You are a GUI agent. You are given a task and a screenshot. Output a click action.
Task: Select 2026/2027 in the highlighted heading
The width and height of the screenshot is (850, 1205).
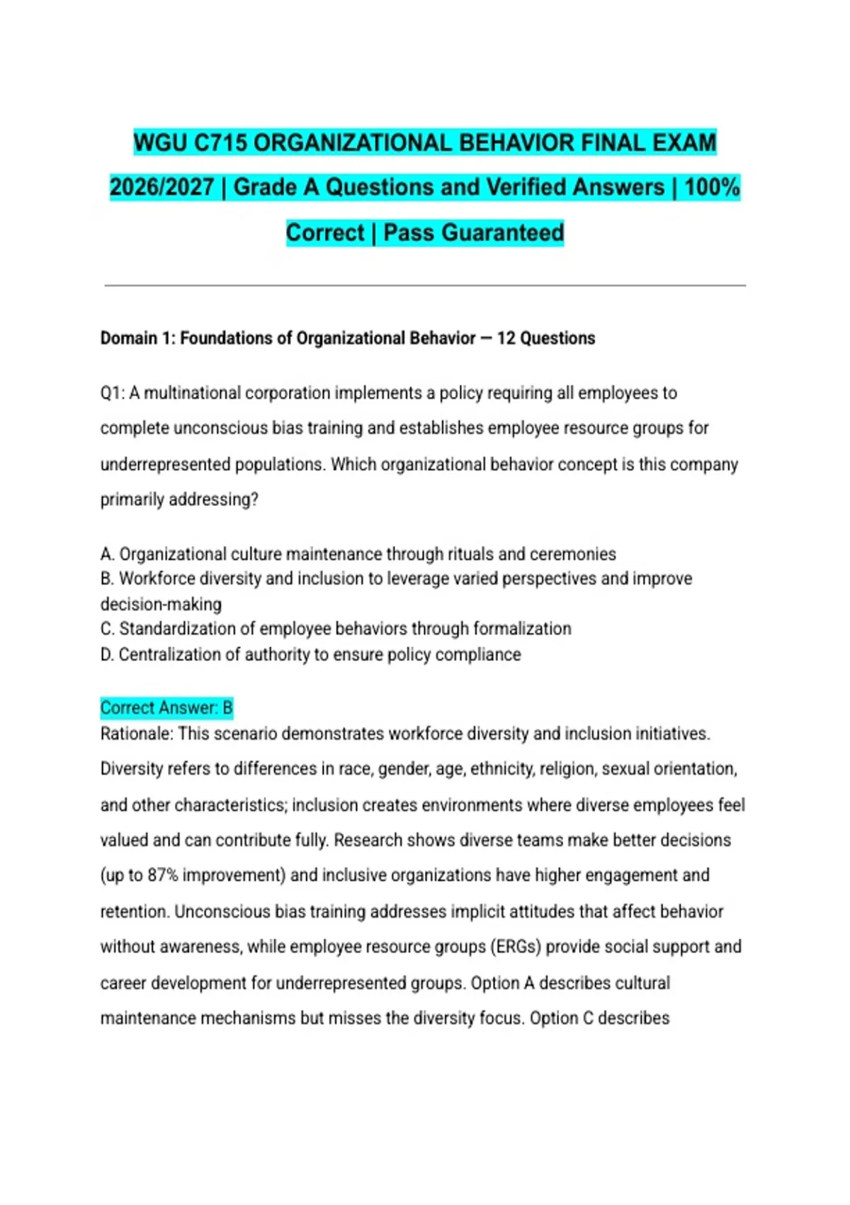pos(161,187)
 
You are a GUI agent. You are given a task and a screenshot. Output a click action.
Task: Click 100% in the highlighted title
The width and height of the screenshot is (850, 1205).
pos(712,187)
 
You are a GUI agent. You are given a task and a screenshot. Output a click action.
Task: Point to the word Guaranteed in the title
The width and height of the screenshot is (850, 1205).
pos(474,232)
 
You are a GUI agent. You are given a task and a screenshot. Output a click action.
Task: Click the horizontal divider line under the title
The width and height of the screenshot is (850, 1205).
pos(425,286)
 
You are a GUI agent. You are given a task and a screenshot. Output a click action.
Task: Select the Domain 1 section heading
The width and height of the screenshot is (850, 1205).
pos(347,338)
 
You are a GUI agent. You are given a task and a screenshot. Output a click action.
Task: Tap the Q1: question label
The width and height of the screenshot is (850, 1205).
pos(113,393)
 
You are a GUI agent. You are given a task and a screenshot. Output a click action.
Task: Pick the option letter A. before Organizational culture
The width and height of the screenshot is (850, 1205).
pos(108,554)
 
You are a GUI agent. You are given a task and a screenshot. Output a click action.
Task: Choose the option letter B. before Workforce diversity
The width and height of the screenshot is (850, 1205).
pos(108,578)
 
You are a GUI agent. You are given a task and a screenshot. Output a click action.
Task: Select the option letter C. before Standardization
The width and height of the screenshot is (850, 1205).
pos(108,629)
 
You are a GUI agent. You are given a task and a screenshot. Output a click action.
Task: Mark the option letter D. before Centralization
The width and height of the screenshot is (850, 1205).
pos(108,654)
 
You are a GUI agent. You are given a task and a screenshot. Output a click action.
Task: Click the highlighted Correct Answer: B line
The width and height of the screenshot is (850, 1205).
pos(166,707)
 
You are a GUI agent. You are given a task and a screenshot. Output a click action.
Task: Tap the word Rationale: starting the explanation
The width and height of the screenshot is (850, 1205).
pos(137,734)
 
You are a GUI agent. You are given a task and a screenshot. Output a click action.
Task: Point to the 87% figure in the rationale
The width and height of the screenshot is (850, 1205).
pos(163,875)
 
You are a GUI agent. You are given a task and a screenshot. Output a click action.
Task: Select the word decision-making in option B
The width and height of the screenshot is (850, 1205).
pos(161,604)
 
